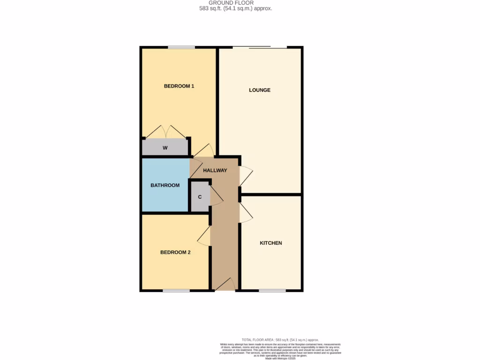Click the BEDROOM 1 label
(179, 86)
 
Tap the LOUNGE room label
(260, 90)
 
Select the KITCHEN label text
(271, 243)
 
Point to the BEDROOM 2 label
(175, 252)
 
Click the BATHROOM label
(165, 185)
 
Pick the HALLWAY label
(215, 171)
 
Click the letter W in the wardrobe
(165, 148)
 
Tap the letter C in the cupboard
(200, 197)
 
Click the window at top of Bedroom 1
(182, 47)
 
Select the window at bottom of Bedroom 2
(176, 291)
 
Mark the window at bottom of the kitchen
(272, 291)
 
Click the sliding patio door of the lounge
(260, 47)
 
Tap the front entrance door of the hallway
(225, 285)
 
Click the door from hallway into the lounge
(246, 176)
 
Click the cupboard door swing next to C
(216, 196)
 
